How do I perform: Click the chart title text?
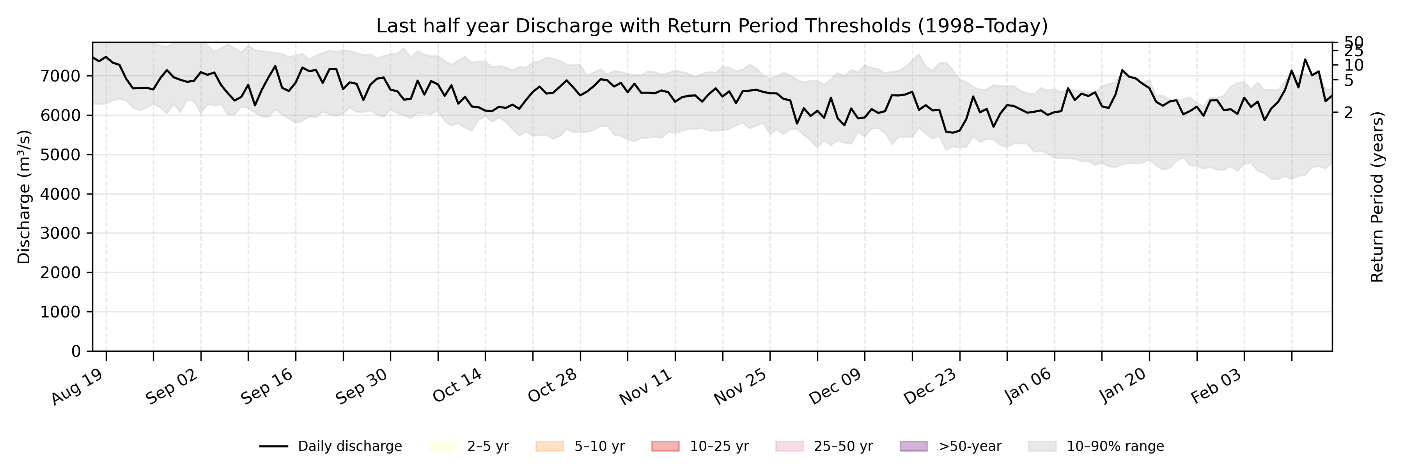click(712, 26)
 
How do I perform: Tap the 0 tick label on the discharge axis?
click(76, 351)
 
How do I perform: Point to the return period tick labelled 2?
click(1348, 113)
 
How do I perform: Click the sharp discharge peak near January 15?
click(1122, 70)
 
